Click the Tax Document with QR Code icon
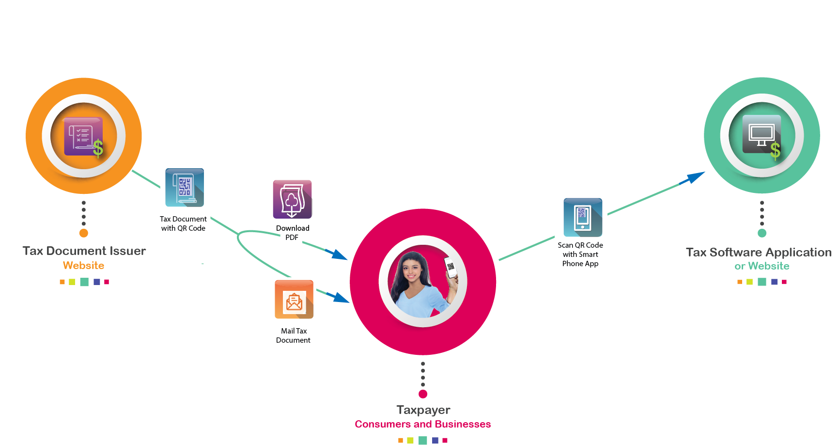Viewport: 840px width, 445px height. [x=185, y=188]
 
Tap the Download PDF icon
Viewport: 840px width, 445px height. [x=293, y=199]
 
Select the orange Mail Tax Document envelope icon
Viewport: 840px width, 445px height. [x=294, y=300]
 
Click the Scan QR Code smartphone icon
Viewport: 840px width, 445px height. [x=583, y=217]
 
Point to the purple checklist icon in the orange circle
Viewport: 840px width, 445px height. [x=83, y=136]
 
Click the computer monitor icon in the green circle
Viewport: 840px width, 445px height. [x=762, y=134]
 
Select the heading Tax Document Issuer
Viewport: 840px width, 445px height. [x=84, y=251]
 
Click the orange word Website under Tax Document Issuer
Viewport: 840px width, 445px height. [x=83, y=266]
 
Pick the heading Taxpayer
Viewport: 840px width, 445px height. [x=423, y=410]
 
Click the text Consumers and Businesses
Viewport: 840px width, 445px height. [x=422, y=424]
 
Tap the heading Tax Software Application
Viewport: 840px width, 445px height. [x=759, y=252]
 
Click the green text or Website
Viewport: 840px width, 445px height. [x=762, y=266]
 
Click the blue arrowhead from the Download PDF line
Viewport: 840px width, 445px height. [x=338, y=254]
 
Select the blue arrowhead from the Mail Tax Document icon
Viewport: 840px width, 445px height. [x=340, y=297]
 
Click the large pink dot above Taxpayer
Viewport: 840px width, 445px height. [x=423, y=394]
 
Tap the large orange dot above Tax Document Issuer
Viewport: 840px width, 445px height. [x=84, y=233]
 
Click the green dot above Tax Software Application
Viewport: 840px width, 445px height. [x=762, y=233]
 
